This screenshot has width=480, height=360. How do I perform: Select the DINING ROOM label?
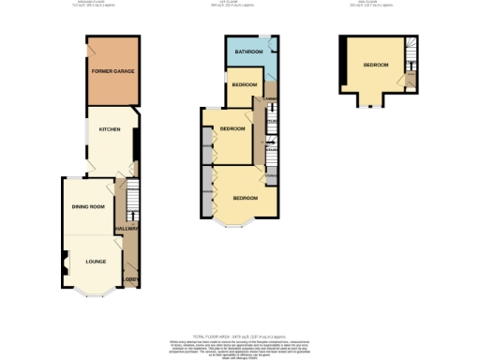coord(88,206)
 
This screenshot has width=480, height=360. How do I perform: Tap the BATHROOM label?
coord(247,52)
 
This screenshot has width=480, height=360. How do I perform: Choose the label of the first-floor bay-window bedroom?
coord(246,199)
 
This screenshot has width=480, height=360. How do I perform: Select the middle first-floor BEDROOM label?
coord(232,128)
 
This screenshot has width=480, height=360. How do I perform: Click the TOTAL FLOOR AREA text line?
coord(239,335)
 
